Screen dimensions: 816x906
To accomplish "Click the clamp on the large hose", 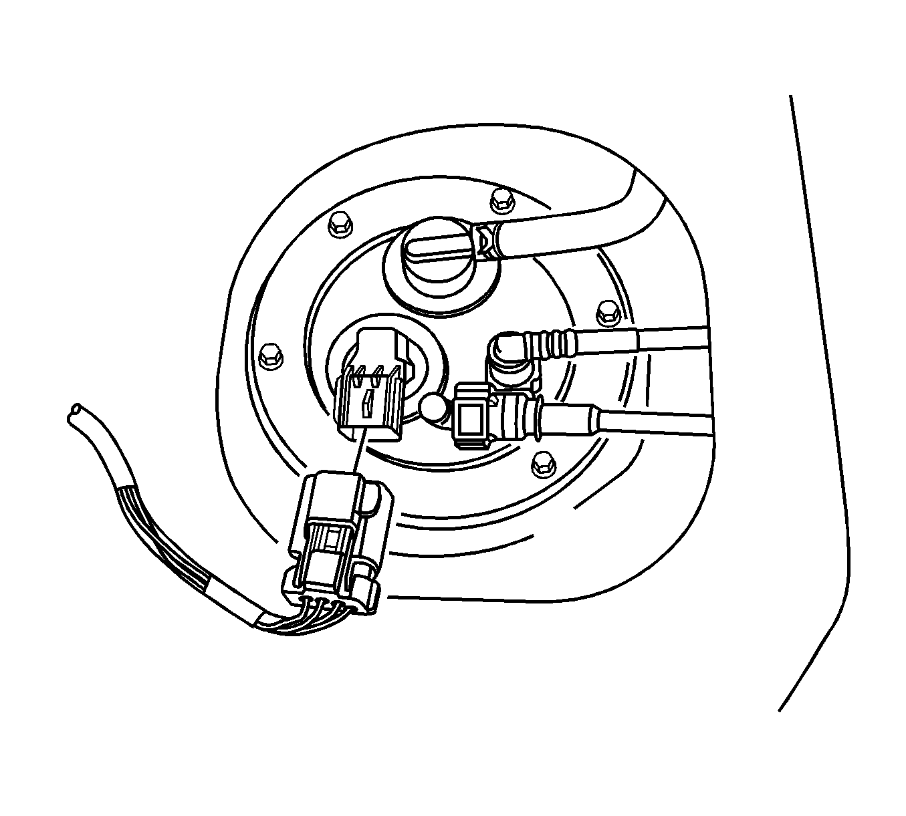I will [487, 241].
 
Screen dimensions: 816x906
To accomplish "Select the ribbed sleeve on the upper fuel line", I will [554, 342].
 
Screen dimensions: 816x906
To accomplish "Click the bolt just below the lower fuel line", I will [542, 464].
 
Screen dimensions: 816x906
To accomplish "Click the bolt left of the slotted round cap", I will [341, 224].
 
